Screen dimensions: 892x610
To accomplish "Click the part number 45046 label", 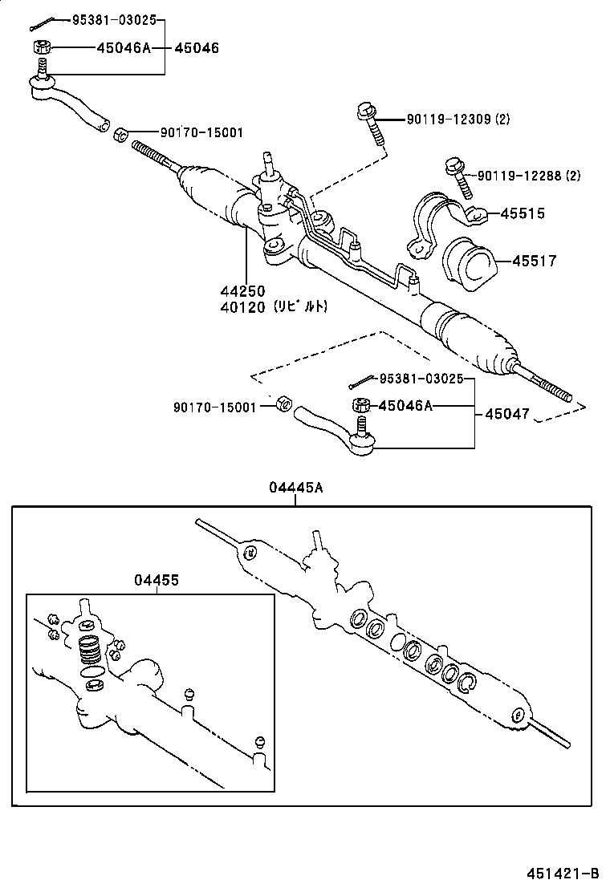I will click(197, 47).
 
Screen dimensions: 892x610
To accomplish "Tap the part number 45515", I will click(523, 213).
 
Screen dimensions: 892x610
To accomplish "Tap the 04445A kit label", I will click(296, 487).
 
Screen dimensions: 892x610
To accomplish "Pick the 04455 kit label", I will click(157, 579).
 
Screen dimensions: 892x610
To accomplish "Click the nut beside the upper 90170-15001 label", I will click(121, 134).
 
